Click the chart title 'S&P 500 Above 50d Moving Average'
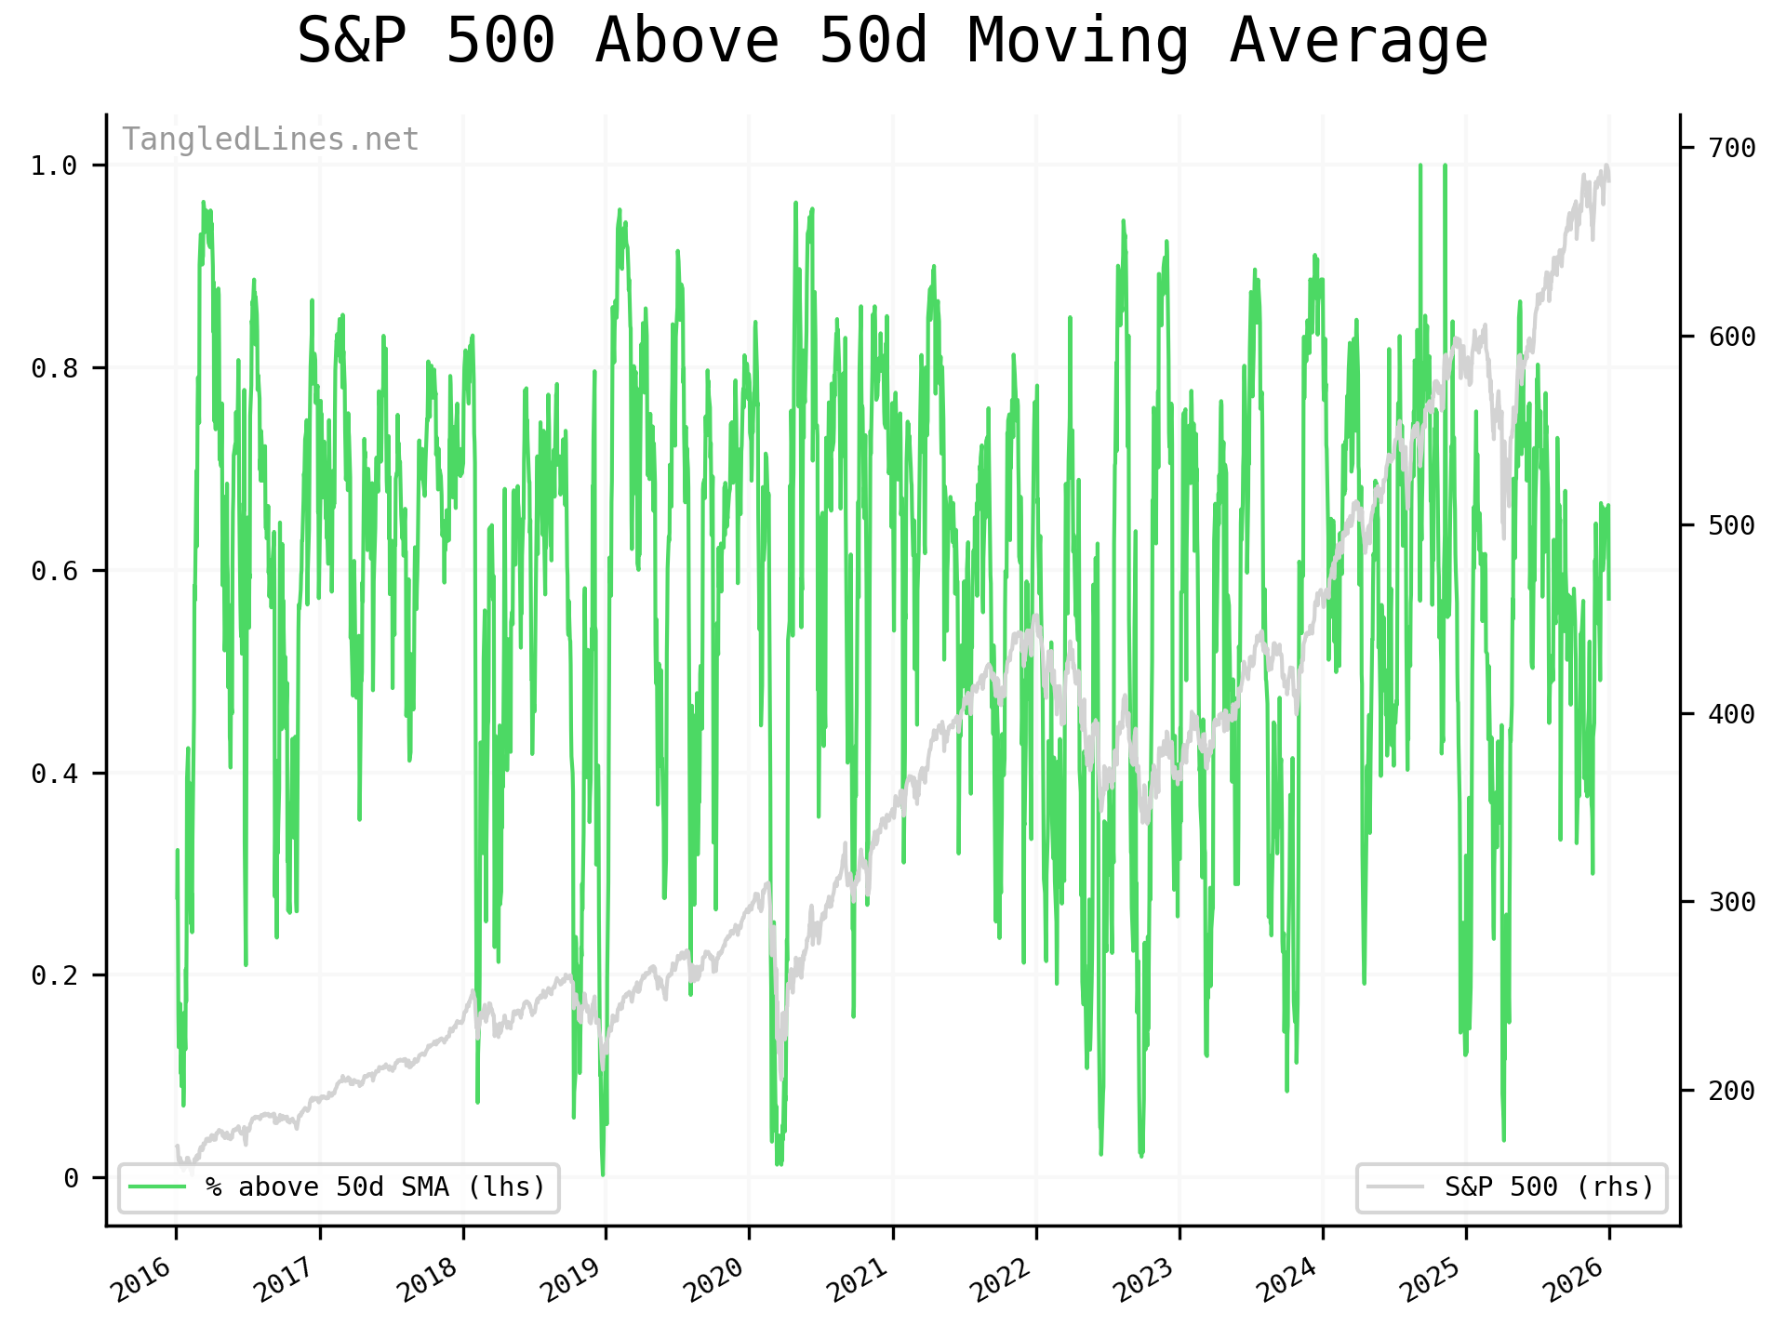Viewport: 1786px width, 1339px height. (x=892, y=42)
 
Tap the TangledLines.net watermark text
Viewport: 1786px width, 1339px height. (x=271, y=139)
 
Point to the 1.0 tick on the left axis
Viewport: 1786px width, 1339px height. (x=53, y=166)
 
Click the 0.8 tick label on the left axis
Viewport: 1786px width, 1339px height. (x=53, y=369)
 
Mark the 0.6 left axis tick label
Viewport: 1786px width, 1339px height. (x=53, y=571)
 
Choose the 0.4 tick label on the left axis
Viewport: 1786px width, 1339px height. (x=53, y=774)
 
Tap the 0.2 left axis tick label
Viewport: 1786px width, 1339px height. (x=53, y=975)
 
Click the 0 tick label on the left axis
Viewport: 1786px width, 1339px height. (x=71, y=1178)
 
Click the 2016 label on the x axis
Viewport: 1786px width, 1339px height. (x=141, y=1279)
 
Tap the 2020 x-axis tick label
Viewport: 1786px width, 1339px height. (x=714, y=1279)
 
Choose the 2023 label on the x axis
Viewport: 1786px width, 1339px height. (x=1145, y=1279)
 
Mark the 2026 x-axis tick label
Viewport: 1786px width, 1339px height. (x=1575, y=1279)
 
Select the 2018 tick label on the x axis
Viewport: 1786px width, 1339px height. (x=428, y=1279)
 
